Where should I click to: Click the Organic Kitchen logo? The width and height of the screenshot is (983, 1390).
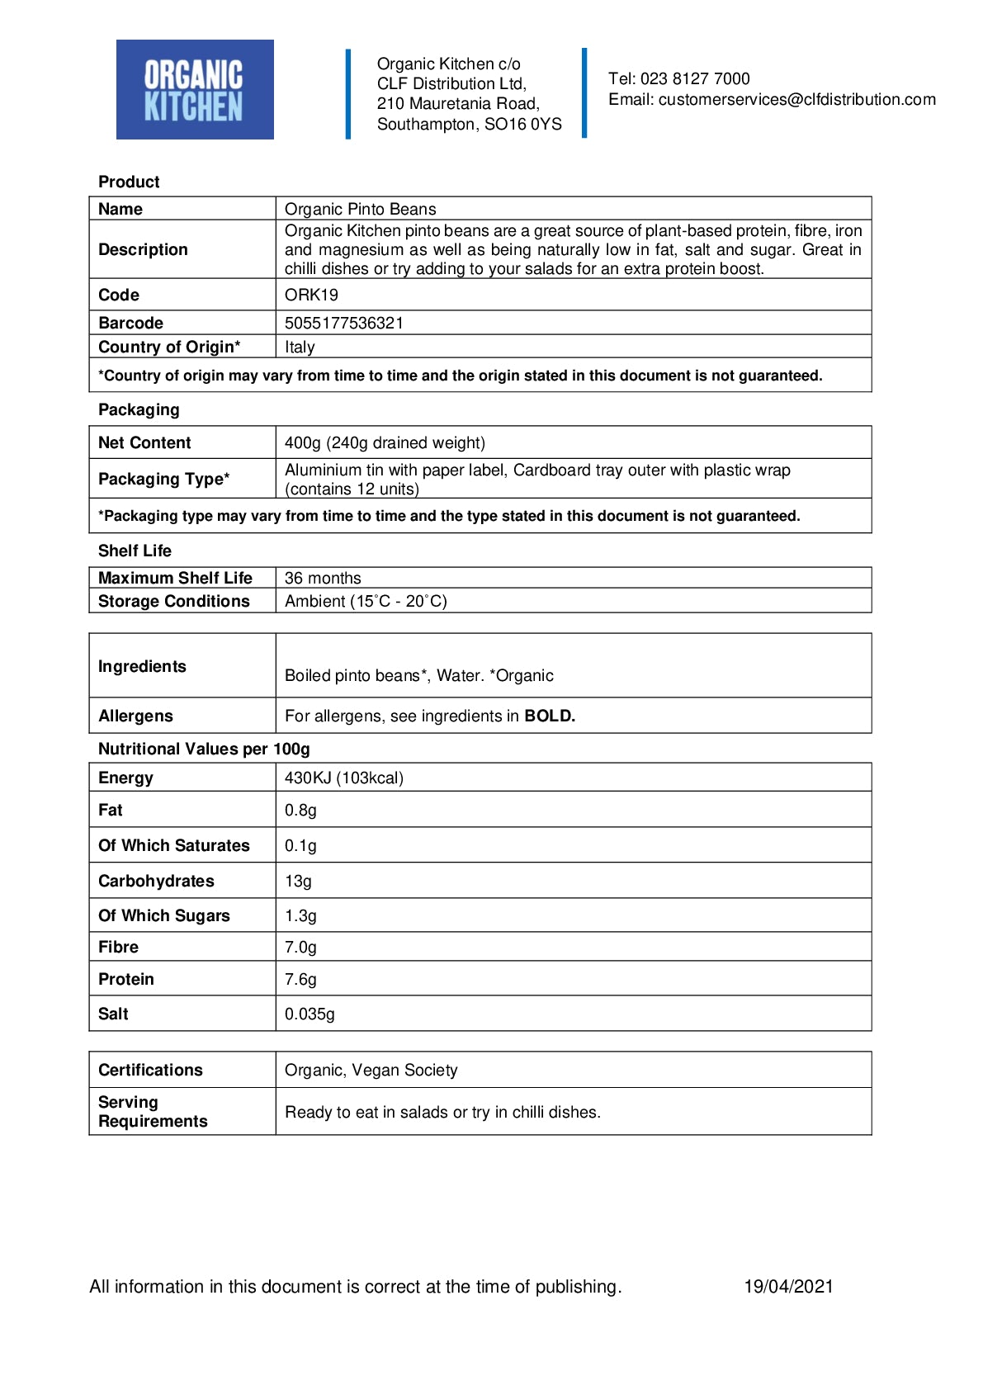click(x=195, y=90)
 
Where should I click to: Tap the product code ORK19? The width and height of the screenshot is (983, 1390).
click(x=311, y=295)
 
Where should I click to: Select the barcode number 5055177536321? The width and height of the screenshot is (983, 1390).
click(x=344, y=323)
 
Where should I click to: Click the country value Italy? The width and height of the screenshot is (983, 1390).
click(x=300, y=347)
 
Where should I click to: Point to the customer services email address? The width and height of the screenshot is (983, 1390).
click(x=796, y=100)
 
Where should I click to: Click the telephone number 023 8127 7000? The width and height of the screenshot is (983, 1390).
click(x=695, y=79)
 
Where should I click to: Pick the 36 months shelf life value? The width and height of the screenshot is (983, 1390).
click(x=323, y=578)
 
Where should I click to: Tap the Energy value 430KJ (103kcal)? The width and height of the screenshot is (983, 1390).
click(x=344, y=778)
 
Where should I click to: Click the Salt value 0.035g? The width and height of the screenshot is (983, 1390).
click(x=310, y=1014)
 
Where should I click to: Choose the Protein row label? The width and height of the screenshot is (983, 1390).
click(x=126, y=979)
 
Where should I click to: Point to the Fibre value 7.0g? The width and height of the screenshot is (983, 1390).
click(x=300, y=947)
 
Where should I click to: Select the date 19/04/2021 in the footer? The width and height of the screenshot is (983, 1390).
click(x=788, y=1286)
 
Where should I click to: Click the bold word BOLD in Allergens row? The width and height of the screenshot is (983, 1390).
click(x=550, y=716)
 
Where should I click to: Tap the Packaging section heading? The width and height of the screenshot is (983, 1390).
click(x=139, y=409)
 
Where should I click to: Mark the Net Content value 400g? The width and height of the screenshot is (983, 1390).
click(x=303, y=442)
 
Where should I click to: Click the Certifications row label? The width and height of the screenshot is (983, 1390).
click(x=150, y=1070)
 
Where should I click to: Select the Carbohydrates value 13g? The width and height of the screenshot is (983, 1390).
click(x=298, y=881)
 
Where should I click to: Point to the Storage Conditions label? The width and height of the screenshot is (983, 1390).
click(x=173, y=601)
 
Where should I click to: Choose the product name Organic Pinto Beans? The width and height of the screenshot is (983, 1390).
click(x=360, y=209)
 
